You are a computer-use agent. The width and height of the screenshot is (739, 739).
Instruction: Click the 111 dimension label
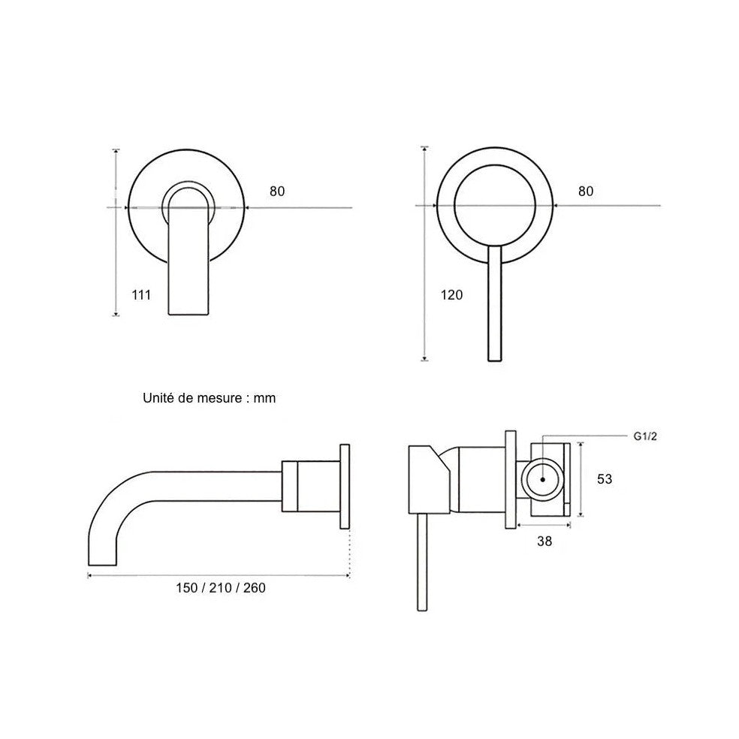140,294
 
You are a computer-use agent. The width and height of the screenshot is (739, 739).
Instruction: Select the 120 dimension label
452,294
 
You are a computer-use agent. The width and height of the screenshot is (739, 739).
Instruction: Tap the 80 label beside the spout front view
277,191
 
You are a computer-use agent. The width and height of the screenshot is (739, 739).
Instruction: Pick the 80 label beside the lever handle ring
586,191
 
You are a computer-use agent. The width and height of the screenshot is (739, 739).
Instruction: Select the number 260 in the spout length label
254,587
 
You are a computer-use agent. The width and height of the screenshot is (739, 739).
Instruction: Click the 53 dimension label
605,478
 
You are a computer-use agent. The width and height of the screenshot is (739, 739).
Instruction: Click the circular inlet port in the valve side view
542,478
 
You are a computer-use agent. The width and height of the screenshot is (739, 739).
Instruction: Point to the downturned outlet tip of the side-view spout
102,552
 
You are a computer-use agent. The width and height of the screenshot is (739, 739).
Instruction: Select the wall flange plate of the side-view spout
345,486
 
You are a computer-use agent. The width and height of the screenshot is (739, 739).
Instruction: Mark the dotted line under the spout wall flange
350,552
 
